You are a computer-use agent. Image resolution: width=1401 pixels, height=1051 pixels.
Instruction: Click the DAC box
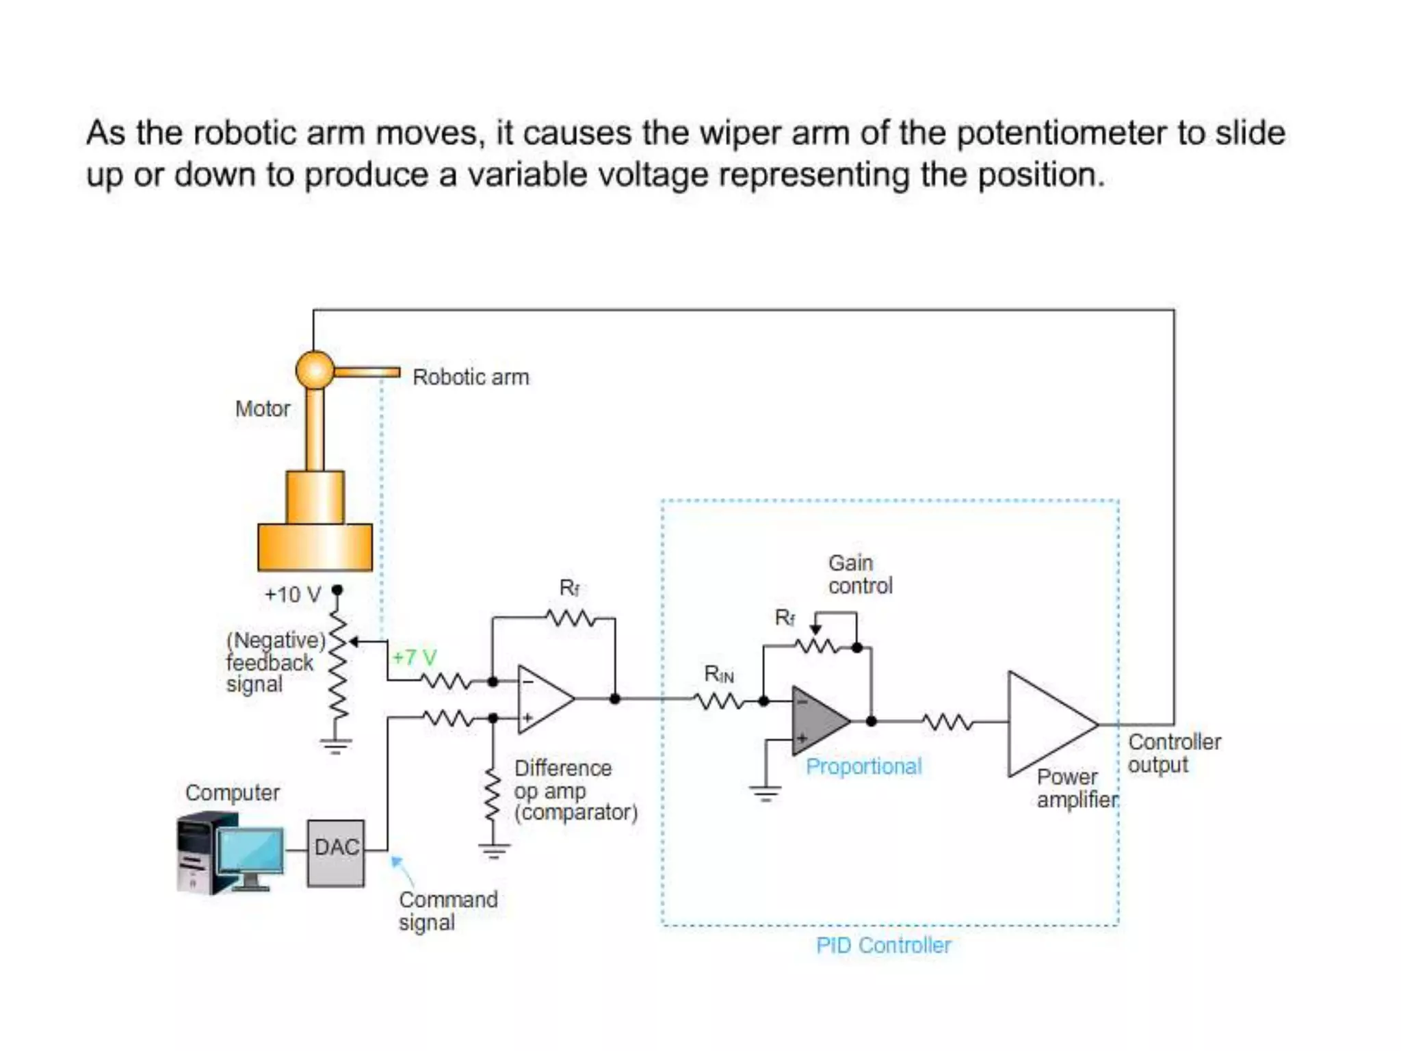(x=335, y=853)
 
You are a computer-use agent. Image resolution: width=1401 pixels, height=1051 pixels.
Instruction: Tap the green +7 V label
(x=414, y=658)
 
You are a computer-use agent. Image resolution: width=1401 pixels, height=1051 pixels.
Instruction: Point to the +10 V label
(x=293, y=594)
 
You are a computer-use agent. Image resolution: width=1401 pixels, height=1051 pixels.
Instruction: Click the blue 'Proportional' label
(x=863, y=766)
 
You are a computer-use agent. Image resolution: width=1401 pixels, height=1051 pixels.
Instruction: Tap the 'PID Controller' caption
(x=883, y=946)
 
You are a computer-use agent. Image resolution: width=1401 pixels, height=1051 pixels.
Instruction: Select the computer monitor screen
(x=251, y=849)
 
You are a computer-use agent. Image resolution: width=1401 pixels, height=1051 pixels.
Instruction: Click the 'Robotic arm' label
(x=471, y=377)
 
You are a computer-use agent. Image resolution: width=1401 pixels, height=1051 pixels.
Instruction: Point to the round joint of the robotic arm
(x=315, y=369)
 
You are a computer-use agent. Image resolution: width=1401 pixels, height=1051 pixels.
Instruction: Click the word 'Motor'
(x=263, y=408)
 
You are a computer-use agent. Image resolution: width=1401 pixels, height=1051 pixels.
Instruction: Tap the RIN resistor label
(x=718, y=675)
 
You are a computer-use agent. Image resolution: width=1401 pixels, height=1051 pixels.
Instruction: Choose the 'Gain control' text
(x=859, y=574)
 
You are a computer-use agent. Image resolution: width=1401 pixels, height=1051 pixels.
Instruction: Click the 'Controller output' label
(x=1173, y=753)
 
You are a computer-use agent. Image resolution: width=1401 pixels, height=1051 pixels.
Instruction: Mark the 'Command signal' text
(x=447, y=910)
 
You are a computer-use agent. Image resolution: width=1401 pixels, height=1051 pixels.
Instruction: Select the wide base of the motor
(x=315, y=547)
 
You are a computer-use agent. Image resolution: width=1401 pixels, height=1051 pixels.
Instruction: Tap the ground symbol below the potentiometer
(x=335, y=745)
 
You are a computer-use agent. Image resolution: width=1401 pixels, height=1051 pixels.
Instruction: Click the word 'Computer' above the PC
(x=232, y=792)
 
